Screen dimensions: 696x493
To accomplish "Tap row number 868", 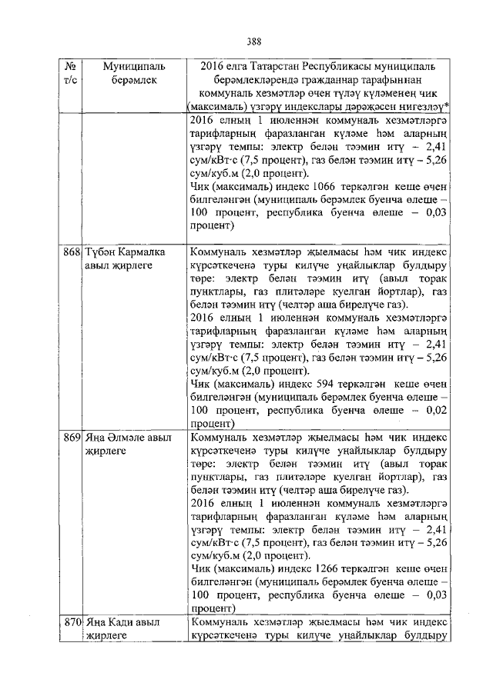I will tap(72, 252).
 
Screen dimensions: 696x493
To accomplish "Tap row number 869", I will tap(72, 438).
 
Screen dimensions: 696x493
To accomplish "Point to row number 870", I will tap(72, 623).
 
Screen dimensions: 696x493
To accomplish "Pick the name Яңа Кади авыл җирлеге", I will tap(122, 629).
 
